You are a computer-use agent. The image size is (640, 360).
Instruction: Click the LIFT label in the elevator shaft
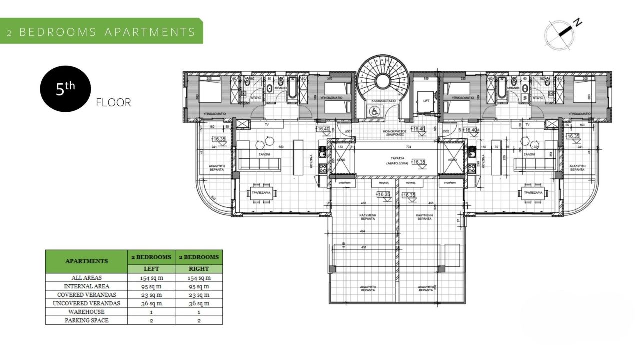[426, 101]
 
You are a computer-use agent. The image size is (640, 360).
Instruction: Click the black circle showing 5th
[65, 89]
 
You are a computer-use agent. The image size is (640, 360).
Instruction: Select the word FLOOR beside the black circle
[113, 103]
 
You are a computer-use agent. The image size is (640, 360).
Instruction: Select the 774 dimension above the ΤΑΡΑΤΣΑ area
[394, 147]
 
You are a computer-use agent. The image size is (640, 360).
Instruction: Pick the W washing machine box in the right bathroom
[525, 97]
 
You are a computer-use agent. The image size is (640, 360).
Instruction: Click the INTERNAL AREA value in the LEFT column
[151, 286]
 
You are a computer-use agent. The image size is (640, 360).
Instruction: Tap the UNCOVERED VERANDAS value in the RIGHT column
[199, 303]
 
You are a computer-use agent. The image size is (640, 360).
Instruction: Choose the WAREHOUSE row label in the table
[86, 312]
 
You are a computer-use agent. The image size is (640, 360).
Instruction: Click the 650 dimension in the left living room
[281, 147]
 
